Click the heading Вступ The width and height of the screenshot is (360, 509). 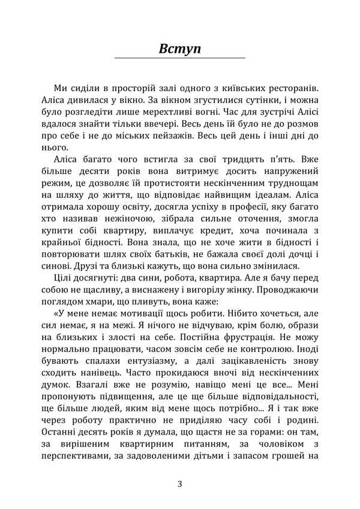pyautogui.click(x=179, y=48)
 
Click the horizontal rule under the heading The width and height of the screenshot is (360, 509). pyautogui.click(x=179, y=58)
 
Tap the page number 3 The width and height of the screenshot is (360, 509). pyautogui.click(x=179, y=484)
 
